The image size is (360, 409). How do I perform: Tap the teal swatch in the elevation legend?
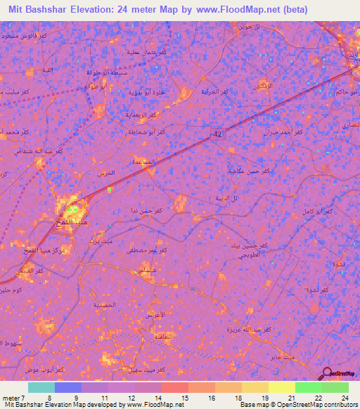click(x=41, y=387)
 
